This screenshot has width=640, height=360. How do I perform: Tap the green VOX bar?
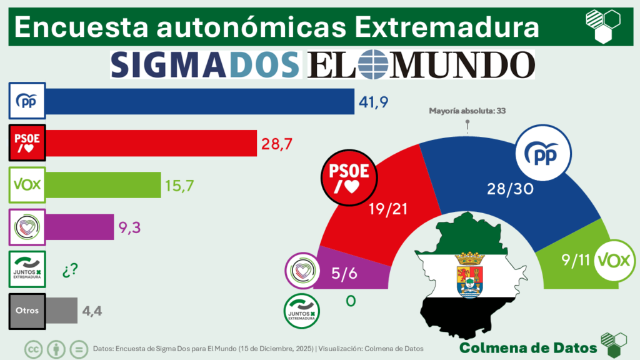pos(104,184)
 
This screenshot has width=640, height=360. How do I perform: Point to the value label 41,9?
pos(373,101)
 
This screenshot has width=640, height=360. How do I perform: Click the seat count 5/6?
pos(342,272)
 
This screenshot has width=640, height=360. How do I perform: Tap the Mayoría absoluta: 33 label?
pos(467,111)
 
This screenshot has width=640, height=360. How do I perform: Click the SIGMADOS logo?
pos(205,64)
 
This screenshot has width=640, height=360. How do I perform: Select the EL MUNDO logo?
pos(421,64)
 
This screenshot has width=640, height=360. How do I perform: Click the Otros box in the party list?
pos(26,311)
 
